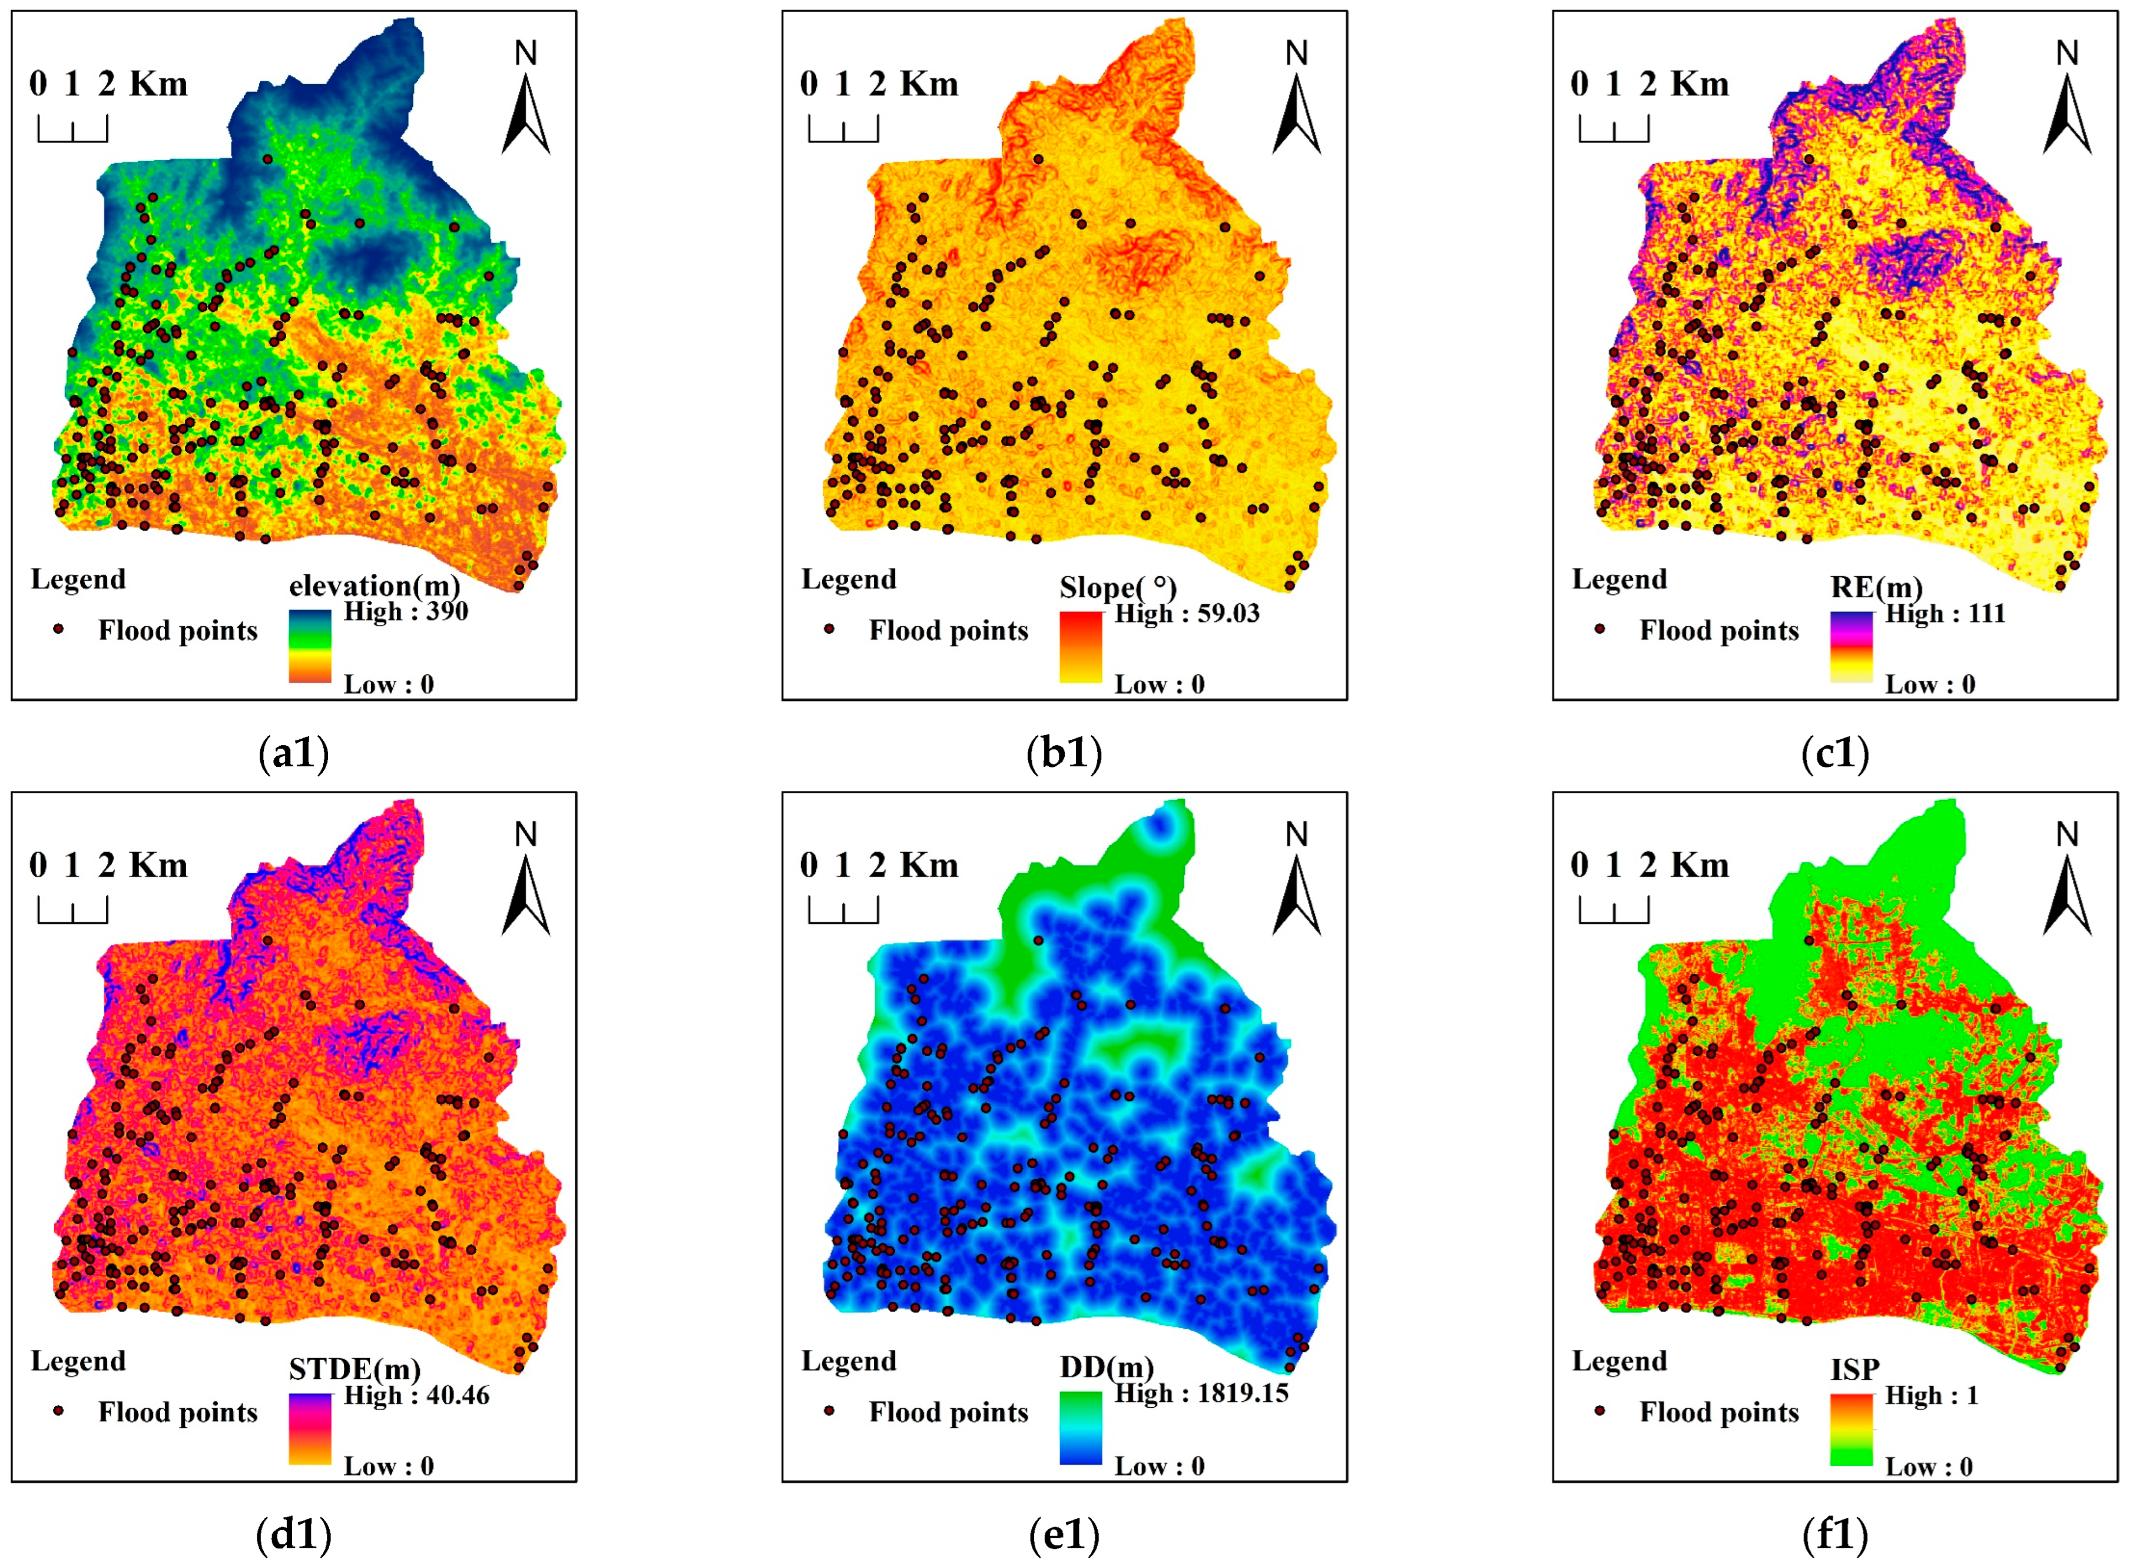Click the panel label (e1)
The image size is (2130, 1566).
1064,1535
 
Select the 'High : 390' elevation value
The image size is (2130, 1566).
405,611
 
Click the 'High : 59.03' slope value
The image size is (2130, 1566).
1187,613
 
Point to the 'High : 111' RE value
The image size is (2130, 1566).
1945,613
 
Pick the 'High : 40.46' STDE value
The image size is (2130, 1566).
416,1395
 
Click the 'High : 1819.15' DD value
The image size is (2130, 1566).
1201,1394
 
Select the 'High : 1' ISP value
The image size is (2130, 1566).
1932,1395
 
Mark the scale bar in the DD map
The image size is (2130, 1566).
843,911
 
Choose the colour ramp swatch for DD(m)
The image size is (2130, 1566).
1080,1428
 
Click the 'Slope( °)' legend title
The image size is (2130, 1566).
1117,588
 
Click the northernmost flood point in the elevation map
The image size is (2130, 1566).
267,159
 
